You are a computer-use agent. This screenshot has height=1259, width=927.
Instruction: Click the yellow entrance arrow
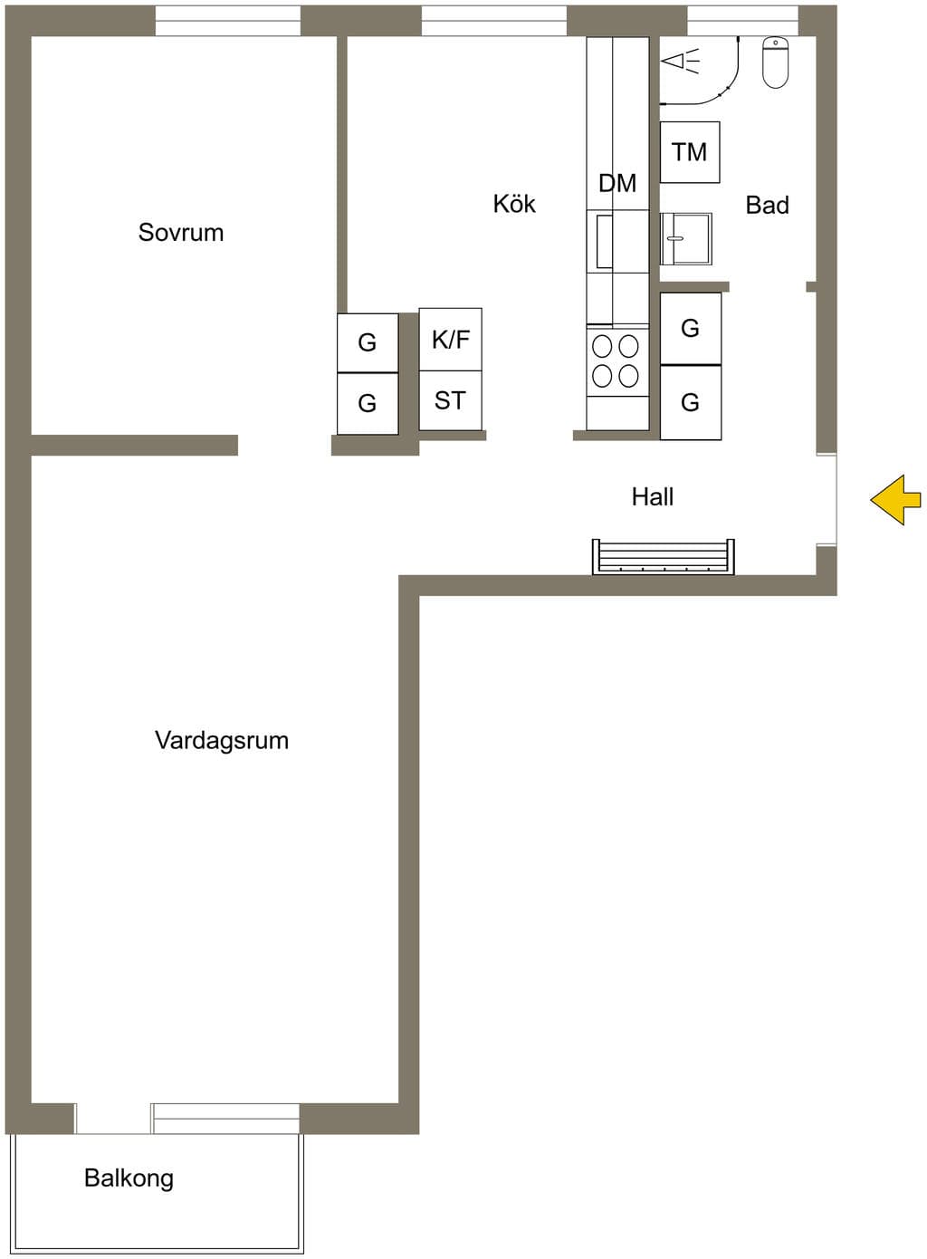click(896, 500)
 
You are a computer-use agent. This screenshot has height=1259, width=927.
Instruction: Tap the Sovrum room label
click(181, 233)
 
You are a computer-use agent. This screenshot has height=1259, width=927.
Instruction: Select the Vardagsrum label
click(222, 740)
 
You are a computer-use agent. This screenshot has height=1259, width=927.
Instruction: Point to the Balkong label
click(129, 1178)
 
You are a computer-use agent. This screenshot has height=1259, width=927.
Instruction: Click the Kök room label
click(514, 204)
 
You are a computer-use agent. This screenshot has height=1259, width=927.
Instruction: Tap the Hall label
click(653, 497)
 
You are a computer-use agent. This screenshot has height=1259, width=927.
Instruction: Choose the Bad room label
click(768, 205)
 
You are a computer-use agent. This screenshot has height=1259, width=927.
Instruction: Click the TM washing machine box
click(690, 152)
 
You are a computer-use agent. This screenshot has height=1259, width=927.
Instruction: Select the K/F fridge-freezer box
click(451, 340)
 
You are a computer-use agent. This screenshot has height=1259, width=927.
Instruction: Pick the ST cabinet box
click(451, 400)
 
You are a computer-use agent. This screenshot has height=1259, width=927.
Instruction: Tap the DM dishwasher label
click(617, 183)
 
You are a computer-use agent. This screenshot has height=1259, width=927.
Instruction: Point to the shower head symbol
click(680, 60)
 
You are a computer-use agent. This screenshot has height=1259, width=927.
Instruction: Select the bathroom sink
click(686, 239)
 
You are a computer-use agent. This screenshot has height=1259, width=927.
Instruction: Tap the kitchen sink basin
click(604, 241)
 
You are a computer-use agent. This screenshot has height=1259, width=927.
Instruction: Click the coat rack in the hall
click(664, 557)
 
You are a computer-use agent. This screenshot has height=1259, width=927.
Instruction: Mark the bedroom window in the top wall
click(228, 21)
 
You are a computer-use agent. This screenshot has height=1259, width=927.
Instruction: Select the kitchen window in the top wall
click(494, 21)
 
